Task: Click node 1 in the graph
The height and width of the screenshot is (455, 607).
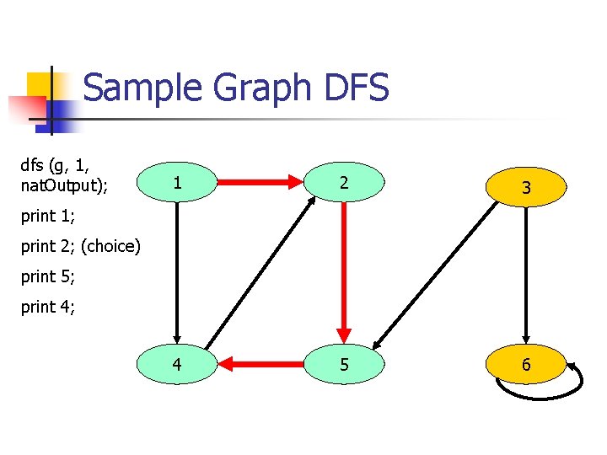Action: [x=177, y=182]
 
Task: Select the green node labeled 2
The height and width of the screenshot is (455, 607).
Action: [x=344, y=182]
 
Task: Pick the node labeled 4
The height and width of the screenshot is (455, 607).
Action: [x=177, y=364]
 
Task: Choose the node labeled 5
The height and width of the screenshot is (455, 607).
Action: [x=344, y=364]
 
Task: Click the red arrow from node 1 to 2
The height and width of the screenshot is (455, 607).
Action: [x=261, y=182]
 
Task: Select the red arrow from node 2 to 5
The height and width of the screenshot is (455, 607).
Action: [x=344, y=270]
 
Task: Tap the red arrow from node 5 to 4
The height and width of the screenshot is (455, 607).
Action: [x=261, y=364]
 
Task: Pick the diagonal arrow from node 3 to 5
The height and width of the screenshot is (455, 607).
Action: [x=438, y=275]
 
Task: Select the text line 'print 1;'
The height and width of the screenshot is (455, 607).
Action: [x=47, y=217]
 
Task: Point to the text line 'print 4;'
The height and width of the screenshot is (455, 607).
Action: [x=47, y=308]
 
